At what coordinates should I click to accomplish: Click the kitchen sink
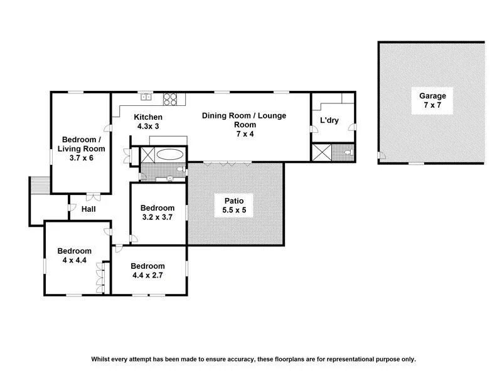[x=146, y=97]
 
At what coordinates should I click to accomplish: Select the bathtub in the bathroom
[x=170, y=154]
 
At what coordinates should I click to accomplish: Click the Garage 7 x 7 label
[x=432, y=102]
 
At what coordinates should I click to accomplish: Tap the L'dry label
[x=329, y=120]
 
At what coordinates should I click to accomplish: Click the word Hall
[x=88, y=209]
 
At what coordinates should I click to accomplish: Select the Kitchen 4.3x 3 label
[x=149, y=122]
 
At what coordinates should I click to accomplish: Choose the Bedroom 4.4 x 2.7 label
[x=148, y=270]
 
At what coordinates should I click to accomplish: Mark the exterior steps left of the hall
[x=38, y=185]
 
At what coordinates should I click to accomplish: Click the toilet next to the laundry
[x=346, y=152]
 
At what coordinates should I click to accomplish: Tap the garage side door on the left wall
[x=380, y=155]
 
